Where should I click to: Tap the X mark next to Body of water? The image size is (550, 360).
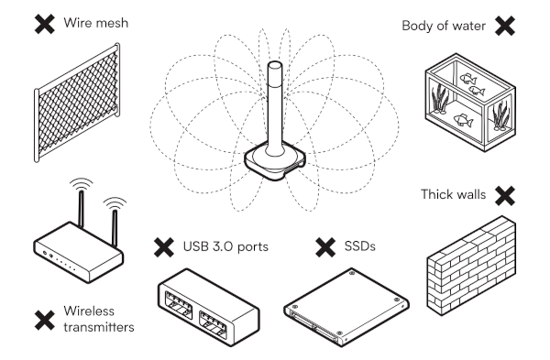pyautogui.click(x=504, y=25)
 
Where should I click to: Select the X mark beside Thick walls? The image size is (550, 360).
pyautogui.click(x=502, y=195)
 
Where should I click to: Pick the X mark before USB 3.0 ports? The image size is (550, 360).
pyautogui.click(x=164, y=247)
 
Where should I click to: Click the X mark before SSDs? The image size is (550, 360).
pyautogui.click(x=324, y=247)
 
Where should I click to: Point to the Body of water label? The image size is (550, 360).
pyautogui.click(x=441, y=25)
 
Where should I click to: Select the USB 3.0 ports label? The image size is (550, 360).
pyautogui.click(x=216, y=247)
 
